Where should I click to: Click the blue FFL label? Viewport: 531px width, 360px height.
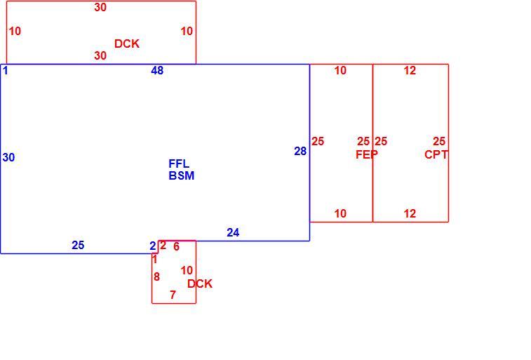179,164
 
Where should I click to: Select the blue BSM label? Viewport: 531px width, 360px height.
182,175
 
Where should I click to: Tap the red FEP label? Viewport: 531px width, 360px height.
367,155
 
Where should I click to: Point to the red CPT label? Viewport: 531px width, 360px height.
436,155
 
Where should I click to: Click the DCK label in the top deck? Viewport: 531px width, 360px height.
127,44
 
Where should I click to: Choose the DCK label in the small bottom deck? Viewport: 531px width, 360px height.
200,284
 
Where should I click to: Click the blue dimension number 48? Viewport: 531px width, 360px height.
157,70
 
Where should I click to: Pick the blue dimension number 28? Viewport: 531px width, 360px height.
300,151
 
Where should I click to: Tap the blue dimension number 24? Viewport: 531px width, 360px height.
233,233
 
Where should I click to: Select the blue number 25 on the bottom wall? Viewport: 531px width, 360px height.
78,245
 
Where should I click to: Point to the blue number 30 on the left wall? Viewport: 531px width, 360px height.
9,157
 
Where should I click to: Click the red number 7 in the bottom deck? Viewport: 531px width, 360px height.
173,295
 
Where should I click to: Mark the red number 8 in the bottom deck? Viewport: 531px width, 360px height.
156,277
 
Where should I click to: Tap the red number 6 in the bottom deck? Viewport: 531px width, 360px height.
177,246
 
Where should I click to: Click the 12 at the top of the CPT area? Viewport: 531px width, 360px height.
410,70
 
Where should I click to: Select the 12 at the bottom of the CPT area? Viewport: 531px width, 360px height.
410,214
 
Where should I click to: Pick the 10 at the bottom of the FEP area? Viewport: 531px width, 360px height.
340,214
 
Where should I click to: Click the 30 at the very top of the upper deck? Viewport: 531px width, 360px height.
100,8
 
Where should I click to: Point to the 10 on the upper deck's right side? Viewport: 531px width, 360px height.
187,31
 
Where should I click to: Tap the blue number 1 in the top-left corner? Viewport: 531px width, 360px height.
6,71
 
